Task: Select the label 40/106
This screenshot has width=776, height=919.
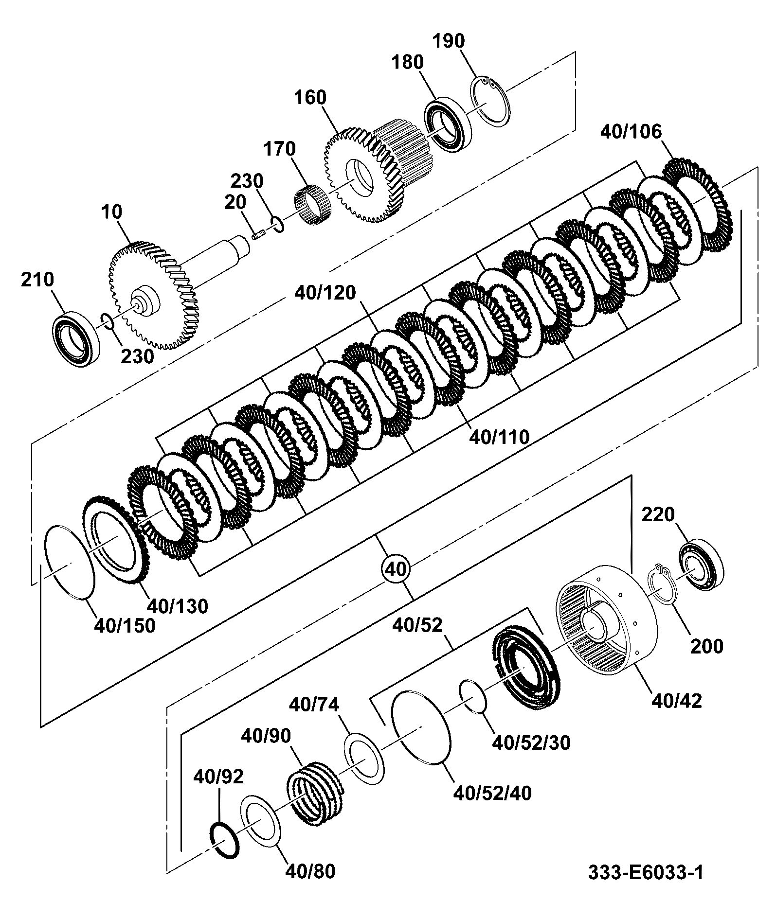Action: pyautogui.click(x=631, y=132)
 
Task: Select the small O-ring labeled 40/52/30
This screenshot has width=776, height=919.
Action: pyautogui.click(x=473, y=696)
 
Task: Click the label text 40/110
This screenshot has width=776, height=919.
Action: pyautogui.click(x=499, y=437)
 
